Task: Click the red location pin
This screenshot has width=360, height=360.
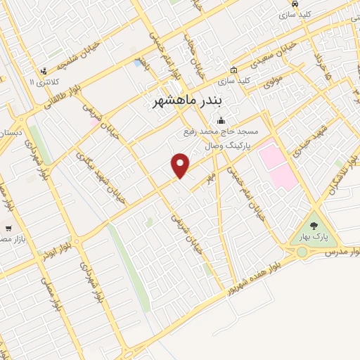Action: coord(181,165)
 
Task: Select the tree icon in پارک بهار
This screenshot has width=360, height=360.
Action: coord(314,225)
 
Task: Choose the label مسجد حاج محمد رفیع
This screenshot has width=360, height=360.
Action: coord(221,132)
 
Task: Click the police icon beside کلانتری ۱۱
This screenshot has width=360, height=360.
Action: coord(44,71)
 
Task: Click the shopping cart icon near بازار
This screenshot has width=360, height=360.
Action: coord(8,228)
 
